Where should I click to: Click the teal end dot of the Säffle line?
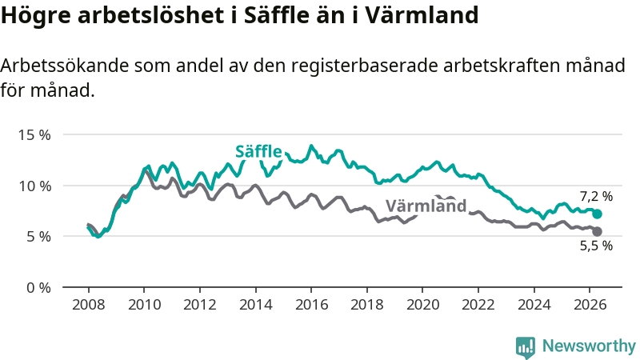click(597, 214)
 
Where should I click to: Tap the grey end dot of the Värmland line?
click(597, 231)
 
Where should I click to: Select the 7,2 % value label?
click(596, 197)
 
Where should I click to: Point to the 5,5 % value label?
click(596, 246)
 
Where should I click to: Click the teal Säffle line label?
click(258, 151)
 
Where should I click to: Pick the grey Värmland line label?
click(426, 206)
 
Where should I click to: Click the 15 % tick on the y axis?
click(34, 135)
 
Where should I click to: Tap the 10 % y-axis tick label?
click(34, 186)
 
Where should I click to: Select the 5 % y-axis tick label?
click(38, 237)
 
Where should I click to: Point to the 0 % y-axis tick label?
click(38, 288)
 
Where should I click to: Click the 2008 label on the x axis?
click(89, 305)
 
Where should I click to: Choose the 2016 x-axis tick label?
click(311, 305)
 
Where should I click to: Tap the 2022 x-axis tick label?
click(478, 305)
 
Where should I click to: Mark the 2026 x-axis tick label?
click(590, 305)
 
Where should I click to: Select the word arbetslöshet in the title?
click(153, 15)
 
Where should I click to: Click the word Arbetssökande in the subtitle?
click(65, 66)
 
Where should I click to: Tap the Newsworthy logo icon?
click(526, 347)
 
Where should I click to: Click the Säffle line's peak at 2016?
click(311, 146)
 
